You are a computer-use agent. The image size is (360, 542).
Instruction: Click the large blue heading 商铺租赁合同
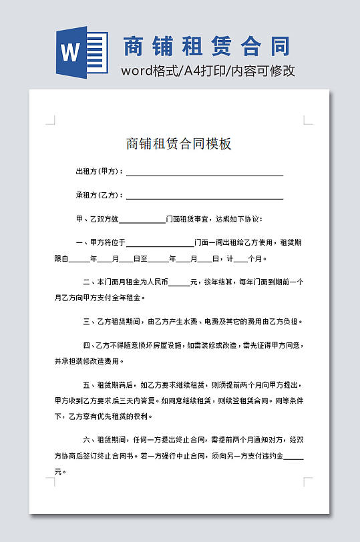[207, 47]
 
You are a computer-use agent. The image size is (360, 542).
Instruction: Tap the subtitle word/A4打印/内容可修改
[208, 71]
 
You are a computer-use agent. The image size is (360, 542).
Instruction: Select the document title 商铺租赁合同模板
[178, 144]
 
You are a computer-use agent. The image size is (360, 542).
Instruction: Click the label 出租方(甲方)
[100, 172]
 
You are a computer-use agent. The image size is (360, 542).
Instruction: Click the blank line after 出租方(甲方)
[204, 174]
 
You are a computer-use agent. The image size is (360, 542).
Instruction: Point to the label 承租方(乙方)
[100, 196]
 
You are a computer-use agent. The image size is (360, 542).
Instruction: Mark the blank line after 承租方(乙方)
[204, 198]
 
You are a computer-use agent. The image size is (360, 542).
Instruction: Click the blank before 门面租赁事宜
[142, 221]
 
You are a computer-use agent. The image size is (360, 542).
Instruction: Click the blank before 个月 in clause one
[242, 260]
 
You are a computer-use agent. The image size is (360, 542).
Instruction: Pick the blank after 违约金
[294, 459]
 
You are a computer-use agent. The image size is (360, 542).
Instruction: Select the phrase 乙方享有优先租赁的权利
[111, 417]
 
